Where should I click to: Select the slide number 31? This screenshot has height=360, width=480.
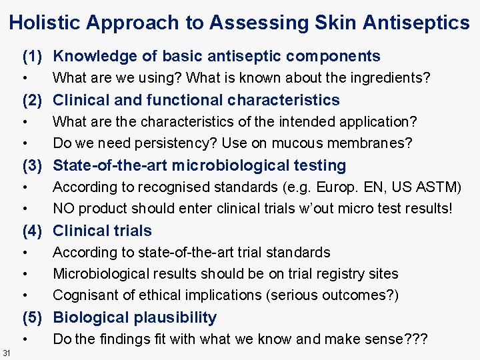tap(6, 353)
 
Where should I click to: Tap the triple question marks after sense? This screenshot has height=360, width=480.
tap(415, 339)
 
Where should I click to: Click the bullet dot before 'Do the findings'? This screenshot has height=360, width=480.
tap(25, 339)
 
